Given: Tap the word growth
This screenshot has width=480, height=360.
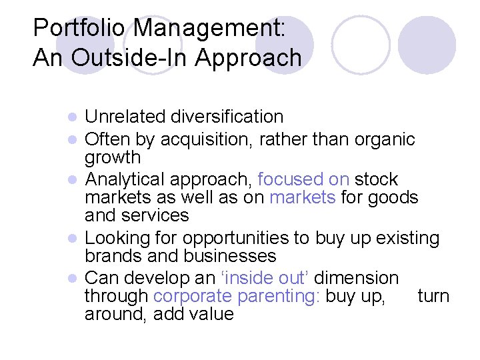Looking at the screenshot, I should coord(113,158).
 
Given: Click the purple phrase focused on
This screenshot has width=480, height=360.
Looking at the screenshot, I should coord(303,180).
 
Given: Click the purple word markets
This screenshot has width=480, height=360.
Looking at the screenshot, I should coord(302,198).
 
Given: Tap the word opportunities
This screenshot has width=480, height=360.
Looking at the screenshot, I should coord(254,238).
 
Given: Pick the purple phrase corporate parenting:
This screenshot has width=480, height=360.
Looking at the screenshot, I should coord(237,296).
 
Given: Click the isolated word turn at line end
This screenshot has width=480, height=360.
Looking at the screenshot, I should coord(433,296).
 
